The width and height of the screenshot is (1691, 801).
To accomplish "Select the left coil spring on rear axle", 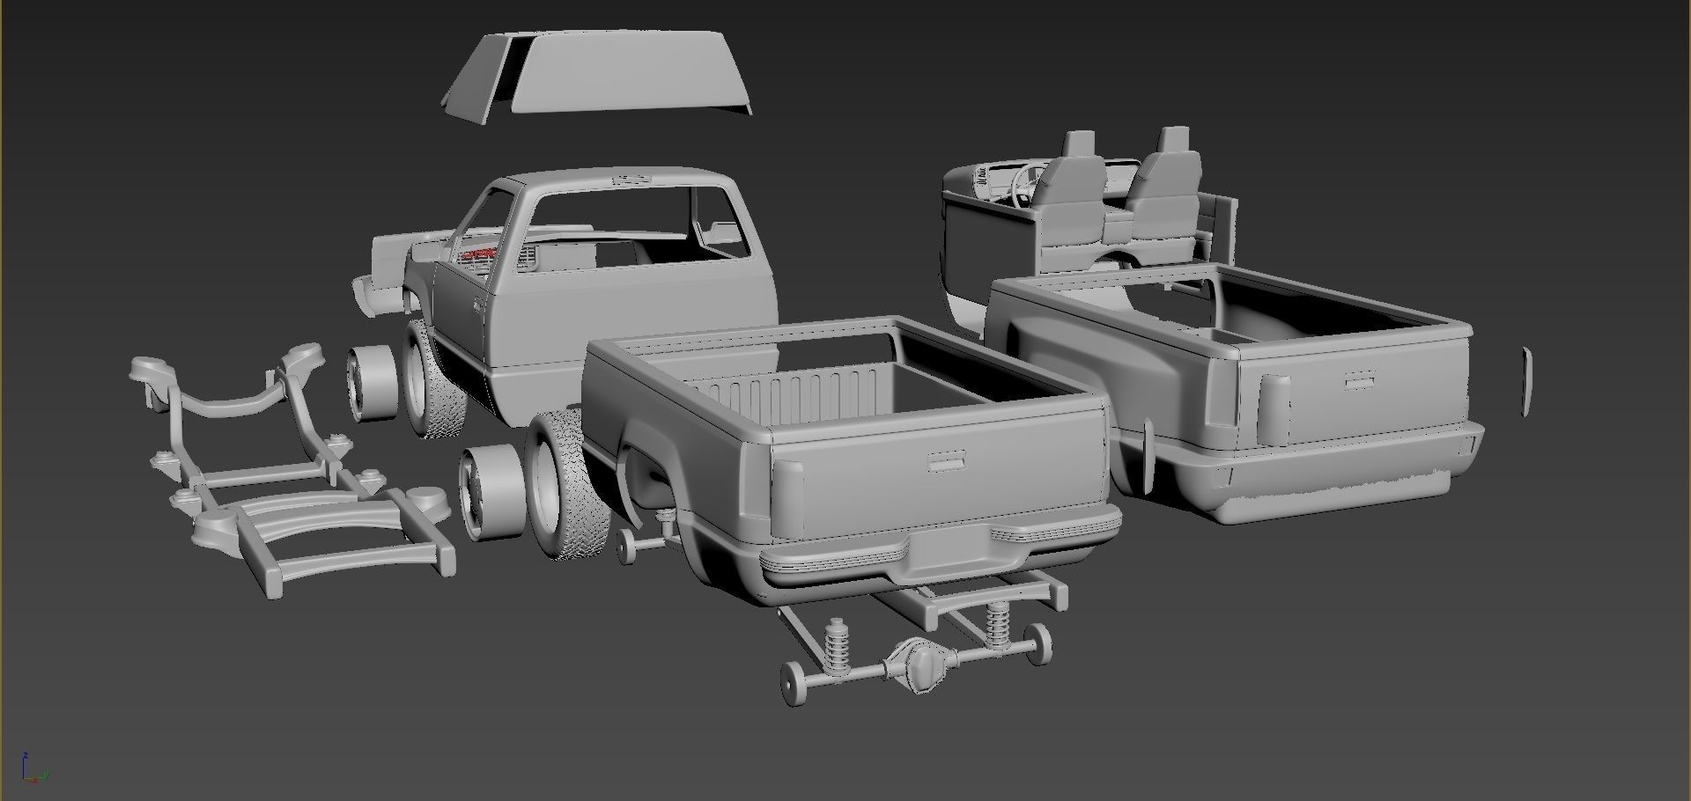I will click(x=835, y=648).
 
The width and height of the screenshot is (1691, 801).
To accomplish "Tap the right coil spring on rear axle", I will click(x=997, y=623).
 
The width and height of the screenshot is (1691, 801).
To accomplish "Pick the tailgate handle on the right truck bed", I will click(x=1361, y=380).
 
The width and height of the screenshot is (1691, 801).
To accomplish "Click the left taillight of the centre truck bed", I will click(x=787, y=497).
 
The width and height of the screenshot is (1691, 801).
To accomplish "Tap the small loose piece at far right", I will click(x=1526, y=381).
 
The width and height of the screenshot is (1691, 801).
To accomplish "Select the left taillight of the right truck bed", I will click(x=1274, y=409).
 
